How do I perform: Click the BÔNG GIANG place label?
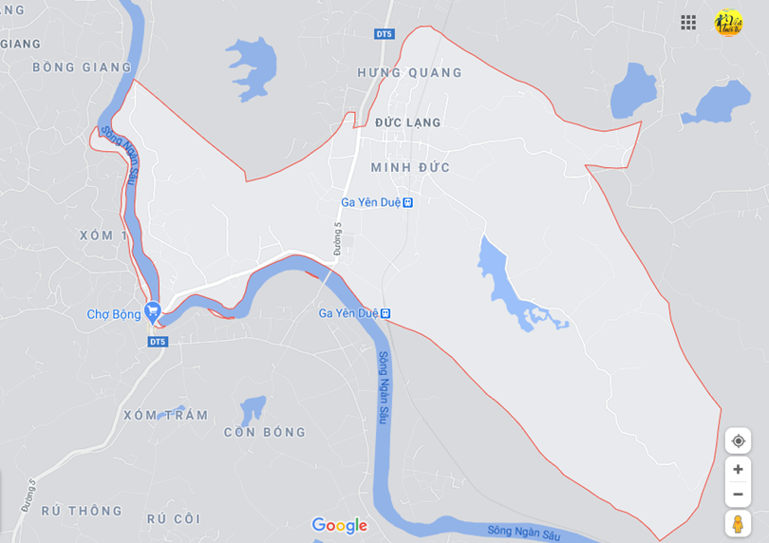pos(82,67)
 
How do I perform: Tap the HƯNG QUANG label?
pos(410,73)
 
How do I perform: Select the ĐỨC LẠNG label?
pos(408,122)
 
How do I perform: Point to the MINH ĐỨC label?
pos(410,168)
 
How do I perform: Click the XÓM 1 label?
pos(103,235)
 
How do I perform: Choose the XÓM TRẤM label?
pos(166,415)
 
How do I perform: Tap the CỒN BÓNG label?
pos(265,432)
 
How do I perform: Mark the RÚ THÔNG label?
pos(82,511)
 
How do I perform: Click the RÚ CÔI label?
pos(174,518)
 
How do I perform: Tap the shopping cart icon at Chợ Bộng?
pos(152,311)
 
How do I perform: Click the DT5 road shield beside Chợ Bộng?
pos(158,342)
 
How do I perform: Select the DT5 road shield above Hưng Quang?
pos(384,34)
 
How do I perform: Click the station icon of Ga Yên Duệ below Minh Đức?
pos(407,202)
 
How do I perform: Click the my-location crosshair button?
pos(738,441)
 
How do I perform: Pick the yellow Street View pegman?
pos(738,523)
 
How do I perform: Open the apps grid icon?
pos(688,23)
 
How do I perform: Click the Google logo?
pos(339,525)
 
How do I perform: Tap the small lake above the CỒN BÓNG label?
pos(252,408)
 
